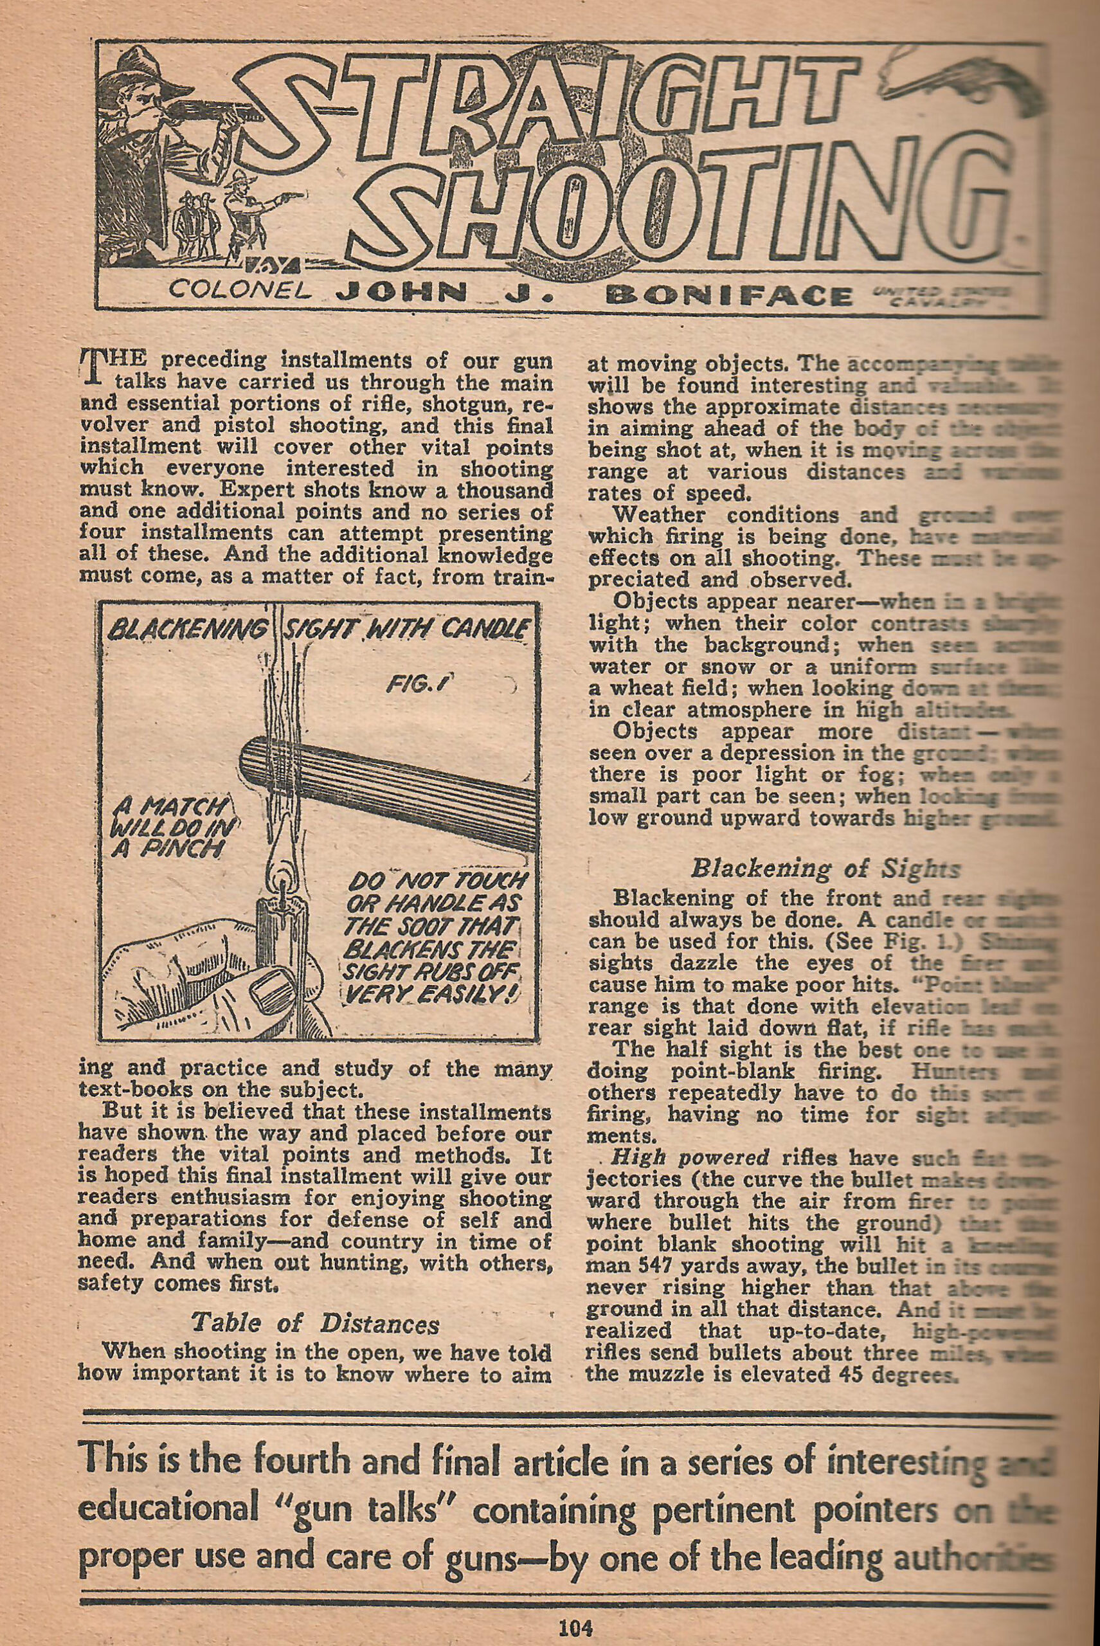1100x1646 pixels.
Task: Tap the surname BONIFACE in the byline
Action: click(x=733, y=294)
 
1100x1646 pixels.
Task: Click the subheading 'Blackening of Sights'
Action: click(x=824, y=869)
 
